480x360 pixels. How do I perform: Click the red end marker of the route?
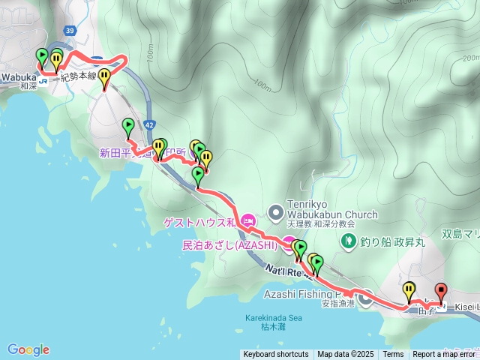pyautogui.click(x=441, y=289)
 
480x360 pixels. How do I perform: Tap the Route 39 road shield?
pyautogui.click(x=70, y=30)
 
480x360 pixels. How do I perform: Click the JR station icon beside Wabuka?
pyautogui.click(x=43, y=77)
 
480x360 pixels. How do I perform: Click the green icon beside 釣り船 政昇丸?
pyautogui.click(x=348, y=240)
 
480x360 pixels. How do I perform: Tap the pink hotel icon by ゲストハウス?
pyautogui.click(x=248, y=221)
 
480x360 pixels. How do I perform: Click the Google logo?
pyautogui.click(x=28, y=349)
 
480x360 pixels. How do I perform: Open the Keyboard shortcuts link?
pyautogui.click(x=275, y=354)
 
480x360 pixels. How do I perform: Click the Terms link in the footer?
pyautogui.click(x=393, y=354)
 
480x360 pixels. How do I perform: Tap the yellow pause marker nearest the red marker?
pyautogui.click(x=409, y=289)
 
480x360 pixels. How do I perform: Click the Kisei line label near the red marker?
pyautogui.click(x=464, y=307)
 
